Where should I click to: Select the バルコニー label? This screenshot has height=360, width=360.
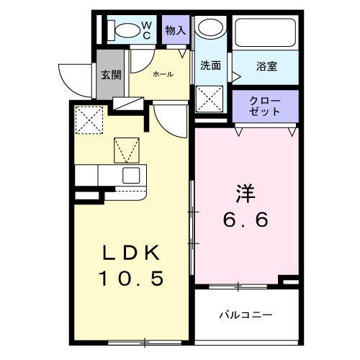pos(246,315)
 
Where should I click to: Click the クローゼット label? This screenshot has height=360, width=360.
pos(264,106)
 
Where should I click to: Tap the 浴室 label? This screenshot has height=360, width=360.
pos(267,67)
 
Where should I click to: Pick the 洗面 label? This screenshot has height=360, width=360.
pos(210,65)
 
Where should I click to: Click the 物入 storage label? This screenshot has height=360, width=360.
pos(175,30)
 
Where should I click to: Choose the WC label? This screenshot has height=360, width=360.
pos(145,30)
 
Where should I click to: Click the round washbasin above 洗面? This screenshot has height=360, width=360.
pos(211,29)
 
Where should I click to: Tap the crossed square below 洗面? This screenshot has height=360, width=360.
pos(211,97)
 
